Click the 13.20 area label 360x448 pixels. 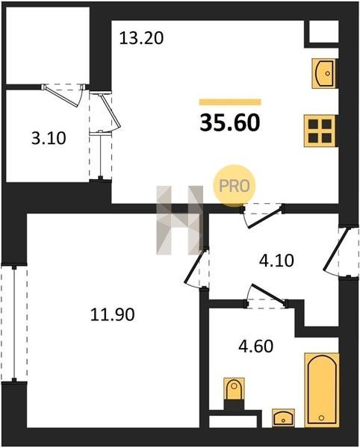coord(141,38)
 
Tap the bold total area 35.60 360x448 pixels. coord(230,122)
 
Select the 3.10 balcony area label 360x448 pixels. coord(49,138)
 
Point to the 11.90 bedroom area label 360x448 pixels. coord(112,314)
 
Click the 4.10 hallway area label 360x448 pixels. coord(276,261)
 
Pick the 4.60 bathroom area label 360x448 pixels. coord(255,346)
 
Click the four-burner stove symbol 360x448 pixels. coord(320,131)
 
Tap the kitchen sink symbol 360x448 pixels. coord(324,73)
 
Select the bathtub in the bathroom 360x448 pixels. coord(322,390)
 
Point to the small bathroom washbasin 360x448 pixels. coord(283,418)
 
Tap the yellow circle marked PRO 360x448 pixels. coord(235,186)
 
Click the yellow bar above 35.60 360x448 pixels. coord(230,102)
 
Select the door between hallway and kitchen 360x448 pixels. coord(263,215)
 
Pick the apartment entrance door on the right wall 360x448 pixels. coord(340,252)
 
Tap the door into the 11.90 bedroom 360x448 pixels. coord(197,269)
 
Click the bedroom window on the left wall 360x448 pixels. coord(14,323)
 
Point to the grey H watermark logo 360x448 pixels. coord(180,220)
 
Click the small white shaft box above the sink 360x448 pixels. coord(324,31)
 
